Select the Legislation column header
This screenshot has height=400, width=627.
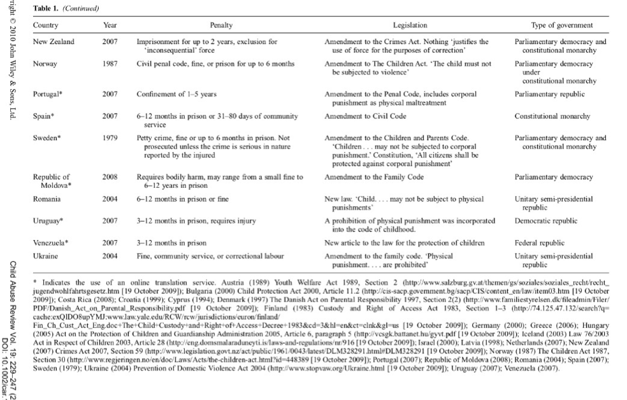click(405, 25)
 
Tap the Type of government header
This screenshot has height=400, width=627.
click(557, 25)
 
